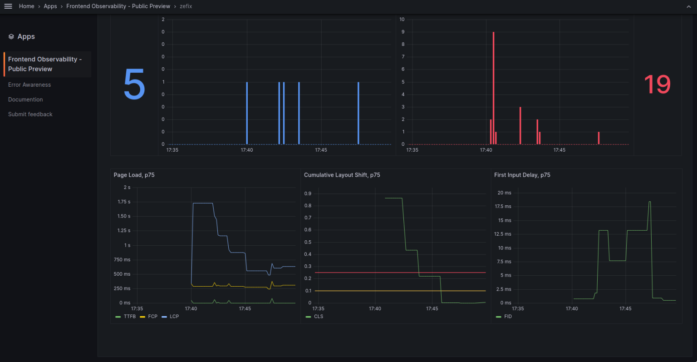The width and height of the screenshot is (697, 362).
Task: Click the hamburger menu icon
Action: point(8,6)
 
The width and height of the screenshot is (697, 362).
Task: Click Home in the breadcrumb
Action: point(26,6)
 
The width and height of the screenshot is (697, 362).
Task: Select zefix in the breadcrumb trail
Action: point(186,6)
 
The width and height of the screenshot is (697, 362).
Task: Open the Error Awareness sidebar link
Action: point(29,85)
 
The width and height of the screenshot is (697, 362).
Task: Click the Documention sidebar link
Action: point(25,99)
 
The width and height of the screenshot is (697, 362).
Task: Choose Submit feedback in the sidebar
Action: point(30,114)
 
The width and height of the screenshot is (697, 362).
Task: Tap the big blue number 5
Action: point(134,84)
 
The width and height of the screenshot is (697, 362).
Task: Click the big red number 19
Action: point(657,84)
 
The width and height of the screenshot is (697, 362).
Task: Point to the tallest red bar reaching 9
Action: point(493,86)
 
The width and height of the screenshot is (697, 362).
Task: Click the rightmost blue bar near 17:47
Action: point(358,114)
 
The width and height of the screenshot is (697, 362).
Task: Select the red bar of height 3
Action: point(520,126)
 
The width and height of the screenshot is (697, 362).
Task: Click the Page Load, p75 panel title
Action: point(134,175)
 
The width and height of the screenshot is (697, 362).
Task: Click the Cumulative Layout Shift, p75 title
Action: point(342,175)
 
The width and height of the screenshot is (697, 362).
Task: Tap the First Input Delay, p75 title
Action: point(522,175)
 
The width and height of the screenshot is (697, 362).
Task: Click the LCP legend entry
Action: point(174,317)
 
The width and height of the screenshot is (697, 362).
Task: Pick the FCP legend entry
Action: point(152,317)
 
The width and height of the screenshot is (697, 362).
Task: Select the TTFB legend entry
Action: point(129,317)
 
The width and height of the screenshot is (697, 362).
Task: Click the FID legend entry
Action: point(507,317)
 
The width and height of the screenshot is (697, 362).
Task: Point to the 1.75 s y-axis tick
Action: point(124,202)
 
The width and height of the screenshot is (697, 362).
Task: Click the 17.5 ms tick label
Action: point(503,207)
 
